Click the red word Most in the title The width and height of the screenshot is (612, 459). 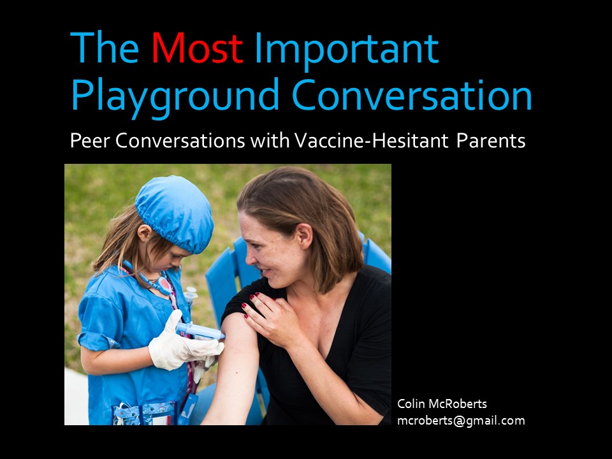[197, 48]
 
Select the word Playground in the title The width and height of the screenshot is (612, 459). [175, 96]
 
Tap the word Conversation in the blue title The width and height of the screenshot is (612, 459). [412, 95]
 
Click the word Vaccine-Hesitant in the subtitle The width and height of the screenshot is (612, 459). [372, 140]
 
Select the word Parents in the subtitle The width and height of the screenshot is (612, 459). [491, 141]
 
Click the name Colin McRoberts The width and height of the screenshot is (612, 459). [442, 404]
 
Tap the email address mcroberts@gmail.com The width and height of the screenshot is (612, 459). [461, 421]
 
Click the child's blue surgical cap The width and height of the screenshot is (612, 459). [175, 213]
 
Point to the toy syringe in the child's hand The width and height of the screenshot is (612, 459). [200, 331]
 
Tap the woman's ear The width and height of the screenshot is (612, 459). [303, 236]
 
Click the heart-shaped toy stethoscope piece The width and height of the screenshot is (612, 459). [164, 286]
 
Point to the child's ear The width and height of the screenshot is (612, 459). [145, 233]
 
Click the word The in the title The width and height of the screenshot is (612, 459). [105, 48]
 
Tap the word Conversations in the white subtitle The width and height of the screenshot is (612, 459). [180, 140]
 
